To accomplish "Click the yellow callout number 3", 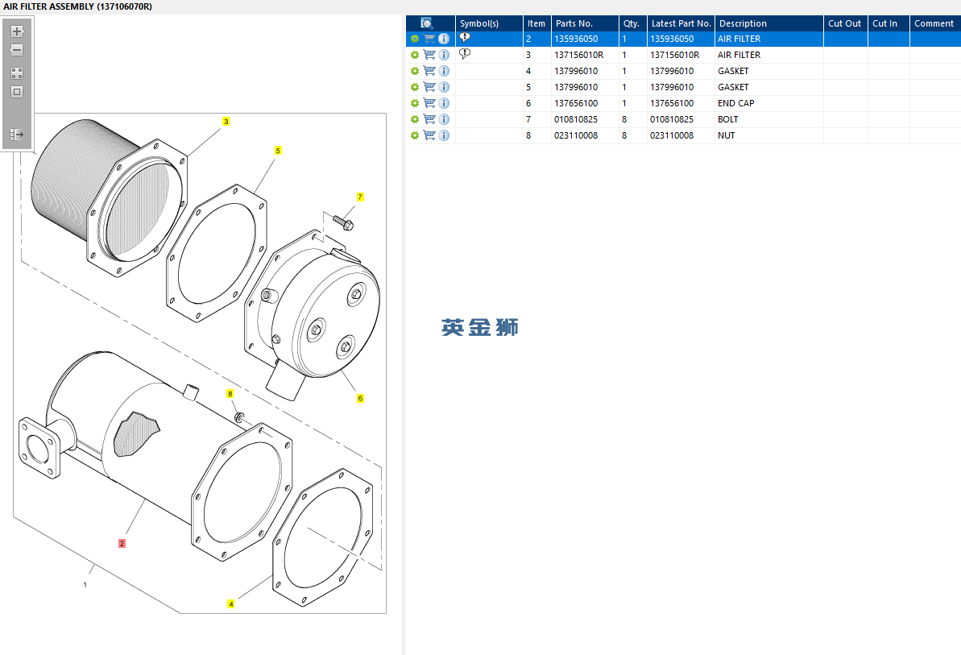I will (226, 122).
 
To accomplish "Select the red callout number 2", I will (122, 543).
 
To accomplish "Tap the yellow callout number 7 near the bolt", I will (360, 197).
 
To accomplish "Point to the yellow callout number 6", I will (360, 398).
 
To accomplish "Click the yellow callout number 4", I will (231, 603).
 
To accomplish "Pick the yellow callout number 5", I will (278, 151).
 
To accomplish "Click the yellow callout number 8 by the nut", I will (230, 394).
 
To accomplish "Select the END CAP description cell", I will (735, 103).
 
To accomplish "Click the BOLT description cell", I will (727, 119).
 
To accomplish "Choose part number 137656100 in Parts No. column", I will (575, 103).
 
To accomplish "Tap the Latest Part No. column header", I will (681, 23).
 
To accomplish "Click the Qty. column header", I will (631, 23).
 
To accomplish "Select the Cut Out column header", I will (844, 23).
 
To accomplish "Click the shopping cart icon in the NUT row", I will (429, 135).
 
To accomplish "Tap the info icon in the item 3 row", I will (444, 55).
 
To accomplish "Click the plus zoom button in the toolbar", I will (17, 31).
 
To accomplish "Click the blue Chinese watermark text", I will (479, 327).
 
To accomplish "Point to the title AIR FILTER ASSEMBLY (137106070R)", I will (77, 6).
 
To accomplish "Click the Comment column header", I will (934, 23).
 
